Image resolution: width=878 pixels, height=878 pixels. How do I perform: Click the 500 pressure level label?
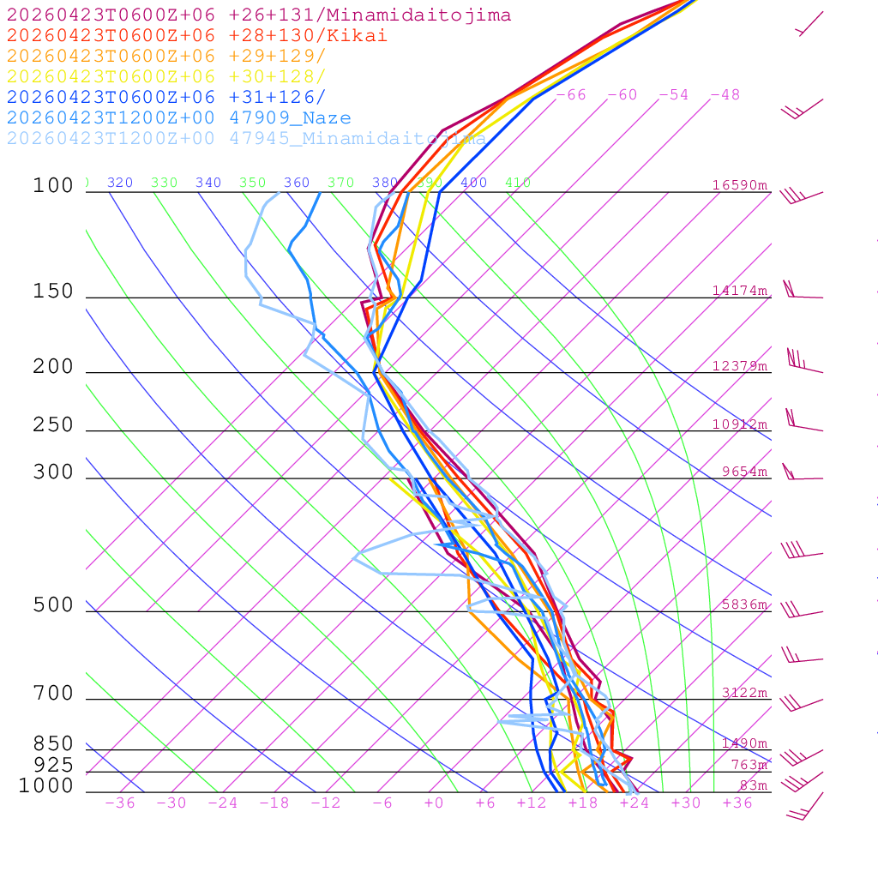(x=53, y=605)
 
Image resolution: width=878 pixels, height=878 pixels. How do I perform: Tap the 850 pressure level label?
(x=53, y=743)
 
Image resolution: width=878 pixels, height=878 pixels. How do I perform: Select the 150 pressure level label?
(x=53, y=292)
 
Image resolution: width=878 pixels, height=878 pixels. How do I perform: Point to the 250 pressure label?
(x=53, y=425)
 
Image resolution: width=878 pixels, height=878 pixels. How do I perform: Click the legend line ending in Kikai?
(x=197, y=36)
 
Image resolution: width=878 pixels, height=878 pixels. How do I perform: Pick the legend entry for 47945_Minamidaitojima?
(x=246, y=139)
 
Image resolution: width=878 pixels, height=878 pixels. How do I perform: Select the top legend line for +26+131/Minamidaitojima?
(x=259, y=15)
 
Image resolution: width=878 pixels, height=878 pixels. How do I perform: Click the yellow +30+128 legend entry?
(x=166, y=77)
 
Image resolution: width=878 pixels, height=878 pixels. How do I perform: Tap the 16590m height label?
(x=739, y=185)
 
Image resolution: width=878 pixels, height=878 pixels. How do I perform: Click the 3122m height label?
(x=743, y=693)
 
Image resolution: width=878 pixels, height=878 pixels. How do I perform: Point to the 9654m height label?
(x=743, y=472)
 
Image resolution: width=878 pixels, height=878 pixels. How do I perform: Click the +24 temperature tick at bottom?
(x=634, y=803)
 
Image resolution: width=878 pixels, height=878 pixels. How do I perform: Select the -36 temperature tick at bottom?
(x=120, y=803)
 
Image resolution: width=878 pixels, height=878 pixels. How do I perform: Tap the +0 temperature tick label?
(x=434, y=803)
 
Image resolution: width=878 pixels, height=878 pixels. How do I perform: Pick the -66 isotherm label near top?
(x=571, y=94)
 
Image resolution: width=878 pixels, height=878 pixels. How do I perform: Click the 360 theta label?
(x=297, y=183)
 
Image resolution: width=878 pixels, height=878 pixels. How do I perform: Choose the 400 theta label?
(x=473, y=183)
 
